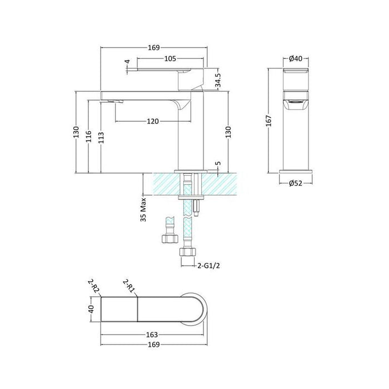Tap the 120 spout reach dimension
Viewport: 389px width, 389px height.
click(x=153, y=122)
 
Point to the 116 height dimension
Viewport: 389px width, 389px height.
click(x=88, y=136)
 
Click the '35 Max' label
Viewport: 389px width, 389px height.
click(x=143, y=210)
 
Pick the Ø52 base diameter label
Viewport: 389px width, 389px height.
click(x=296, y=182)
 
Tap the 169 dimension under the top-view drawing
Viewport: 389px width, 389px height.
click(x=153, y=345)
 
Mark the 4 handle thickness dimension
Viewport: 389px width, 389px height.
click(x=127, y=62)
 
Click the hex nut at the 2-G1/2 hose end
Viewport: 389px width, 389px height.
click(x=187, y=253)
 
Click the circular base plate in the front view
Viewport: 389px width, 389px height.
click(x=296, y=168)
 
